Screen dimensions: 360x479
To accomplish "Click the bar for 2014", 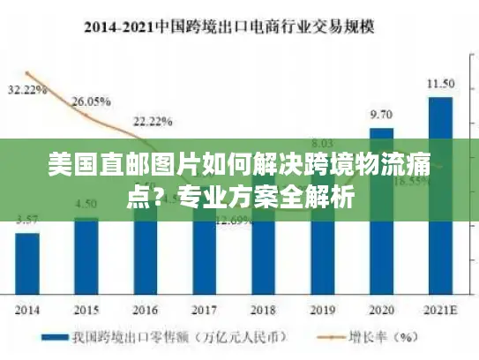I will (x=26, y=264).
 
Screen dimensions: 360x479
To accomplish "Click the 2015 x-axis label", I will (x=86, y=310).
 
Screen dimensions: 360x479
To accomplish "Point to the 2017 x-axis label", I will (x=204, y=310).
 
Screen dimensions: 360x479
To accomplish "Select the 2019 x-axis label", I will (x=322, y=310).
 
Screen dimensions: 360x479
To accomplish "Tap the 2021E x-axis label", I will (x=440, y=310).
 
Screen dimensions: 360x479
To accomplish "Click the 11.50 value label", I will (x=440, y=84).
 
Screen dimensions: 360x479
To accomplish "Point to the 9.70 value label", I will (x=381, y=115).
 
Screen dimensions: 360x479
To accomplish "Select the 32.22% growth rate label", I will (x=27, y=90).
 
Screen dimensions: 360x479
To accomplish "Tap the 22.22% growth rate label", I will (x=152, y=120).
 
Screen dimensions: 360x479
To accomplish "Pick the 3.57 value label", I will (x=27, y=218).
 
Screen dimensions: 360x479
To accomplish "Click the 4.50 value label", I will (x=86, y=204).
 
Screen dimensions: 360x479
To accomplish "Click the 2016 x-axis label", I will (x=145, y=310).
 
